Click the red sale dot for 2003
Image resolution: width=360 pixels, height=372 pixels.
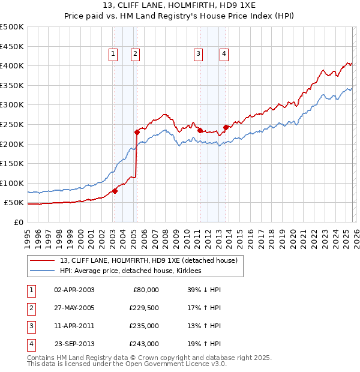pos(115,191)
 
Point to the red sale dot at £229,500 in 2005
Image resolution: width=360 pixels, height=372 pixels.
pos(137,132)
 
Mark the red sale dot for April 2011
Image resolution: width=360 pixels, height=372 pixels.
pos(200,130)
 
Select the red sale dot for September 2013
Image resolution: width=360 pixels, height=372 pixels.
pos(226,127)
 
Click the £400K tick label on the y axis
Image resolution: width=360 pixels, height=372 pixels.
pos(12,65)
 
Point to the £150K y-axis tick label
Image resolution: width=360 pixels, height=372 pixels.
pos(12,164)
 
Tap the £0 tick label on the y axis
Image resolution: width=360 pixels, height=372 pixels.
pos(18,223)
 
